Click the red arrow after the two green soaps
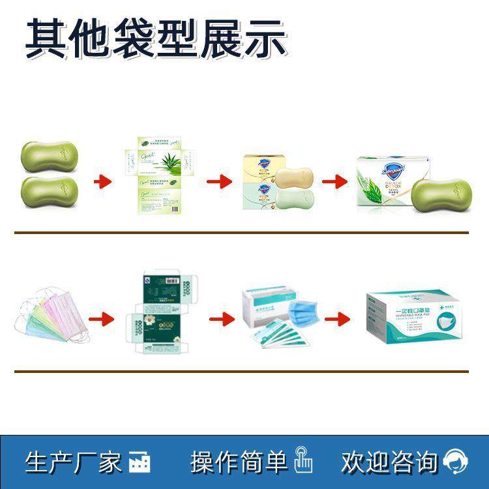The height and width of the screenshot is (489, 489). (102, 180)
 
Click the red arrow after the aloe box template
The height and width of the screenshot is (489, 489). (216, 180)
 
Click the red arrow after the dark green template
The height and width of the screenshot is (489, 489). (221, 319)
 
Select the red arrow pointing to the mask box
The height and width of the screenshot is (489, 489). (336, 319)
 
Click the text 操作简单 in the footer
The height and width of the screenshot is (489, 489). (239, 462)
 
